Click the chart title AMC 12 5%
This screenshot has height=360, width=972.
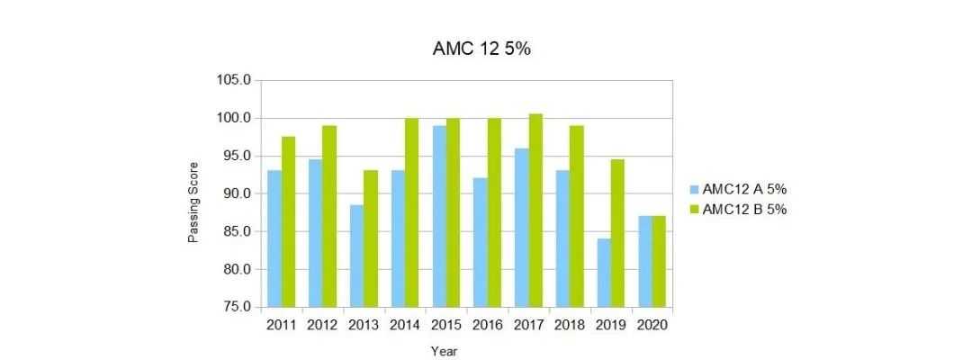click(482, 49)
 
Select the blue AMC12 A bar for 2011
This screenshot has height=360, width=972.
click(274, 238)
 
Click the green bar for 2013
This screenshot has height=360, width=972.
click(371, 238)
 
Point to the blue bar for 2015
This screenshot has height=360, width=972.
click(438, 216)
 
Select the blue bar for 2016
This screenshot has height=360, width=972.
click(480, 242)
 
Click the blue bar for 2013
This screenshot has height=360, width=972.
click(356, 256)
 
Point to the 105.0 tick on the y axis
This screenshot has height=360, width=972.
click(234, 80)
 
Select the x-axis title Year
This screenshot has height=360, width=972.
click(444, 350)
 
